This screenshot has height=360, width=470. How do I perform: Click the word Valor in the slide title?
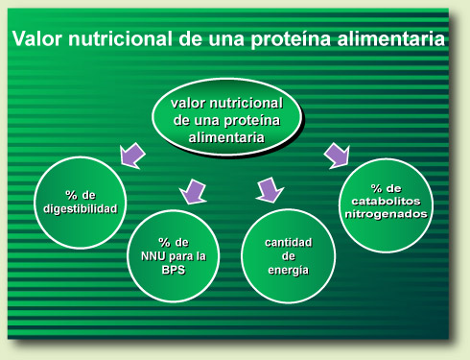38,40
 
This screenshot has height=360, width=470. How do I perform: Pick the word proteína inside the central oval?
247,120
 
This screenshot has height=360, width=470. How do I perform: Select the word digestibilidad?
82,208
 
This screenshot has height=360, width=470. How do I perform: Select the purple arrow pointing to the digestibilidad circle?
132,154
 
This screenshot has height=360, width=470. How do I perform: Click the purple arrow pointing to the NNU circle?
196,191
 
